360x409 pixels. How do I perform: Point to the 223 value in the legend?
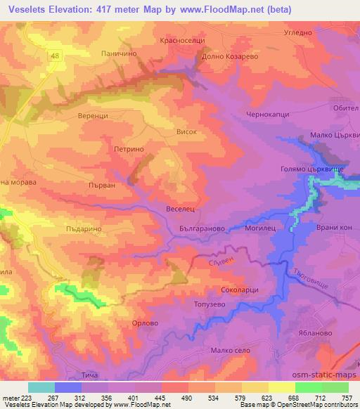(28, 398)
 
